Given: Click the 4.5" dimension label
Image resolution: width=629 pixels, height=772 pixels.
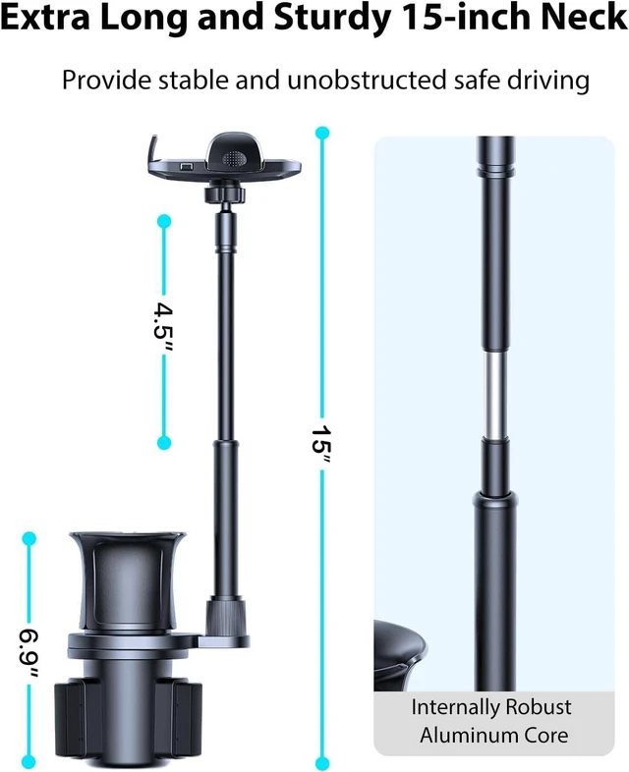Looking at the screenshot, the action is tap(163, 328).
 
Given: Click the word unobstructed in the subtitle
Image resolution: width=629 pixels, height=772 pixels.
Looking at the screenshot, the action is tap(367, 80).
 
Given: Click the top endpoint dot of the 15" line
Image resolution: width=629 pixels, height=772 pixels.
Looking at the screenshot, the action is tap(322, 133).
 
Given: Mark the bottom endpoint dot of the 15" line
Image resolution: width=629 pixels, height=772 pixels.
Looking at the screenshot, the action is tap(322, 762).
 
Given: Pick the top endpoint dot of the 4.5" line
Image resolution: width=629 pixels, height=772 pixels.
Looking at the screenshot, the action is tap(164, 221).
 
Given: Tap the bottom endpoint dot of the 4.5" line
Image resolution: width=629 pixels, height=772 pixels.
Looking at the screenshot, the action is tap(164, 443).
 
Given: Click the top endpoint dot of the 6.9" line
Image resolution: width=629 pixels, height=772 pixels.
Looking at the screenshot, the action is tap(29, 538).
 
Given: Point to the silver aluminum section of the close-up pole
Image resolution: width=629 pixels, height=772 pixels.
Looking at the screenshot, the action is tap(494, 394).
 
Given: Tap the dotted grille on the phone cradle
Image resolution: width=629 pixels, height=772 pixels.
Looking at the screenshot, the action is tap(235, 158).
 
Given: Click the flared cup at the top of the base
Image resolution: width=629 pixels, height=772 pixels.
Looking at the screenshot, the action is tap(127, 581).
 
